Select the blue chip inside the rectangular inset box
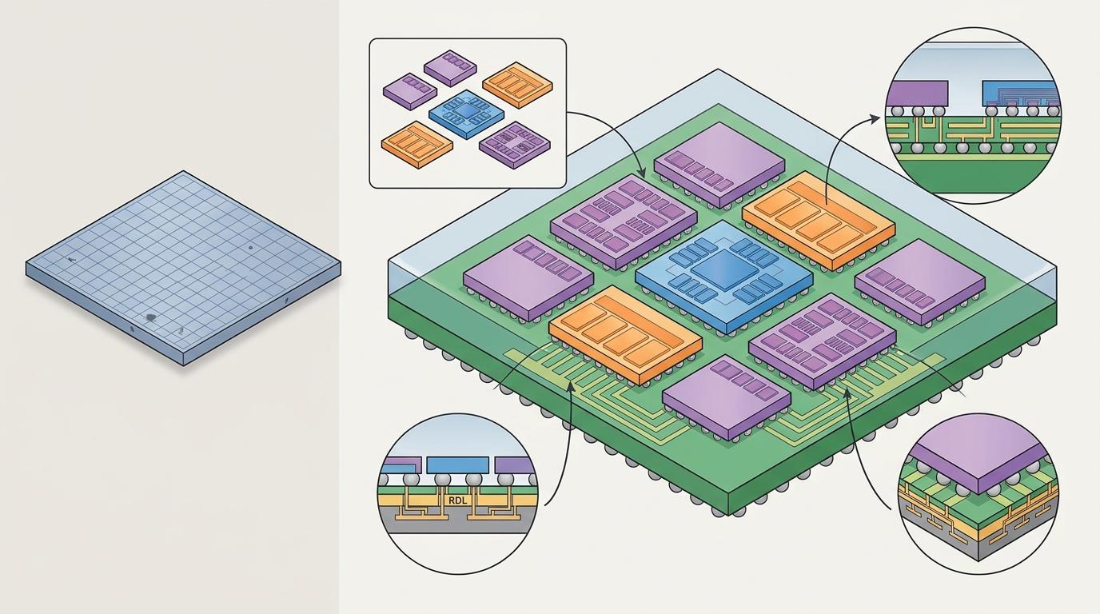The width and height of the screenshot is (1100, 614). coord(466,114)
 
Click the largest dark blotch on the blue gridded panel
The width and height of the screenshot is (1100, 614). coord(150,318)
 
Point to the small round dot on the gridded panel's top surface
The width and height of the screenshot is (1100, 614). coord(250,248)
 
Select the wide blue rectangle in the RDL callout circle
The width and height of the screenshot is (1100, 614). coord(458,464)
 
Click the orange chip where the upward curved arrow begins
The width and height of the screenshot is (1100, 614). coord(818,220)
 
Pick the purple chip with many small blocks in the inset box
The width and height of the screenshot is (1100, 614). coord(514,145)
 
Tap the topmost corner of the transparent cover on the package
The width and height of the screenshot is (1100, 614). coord(718,70)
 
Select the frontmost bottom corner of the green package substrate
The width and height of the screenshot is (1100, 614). coord(727,516)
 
